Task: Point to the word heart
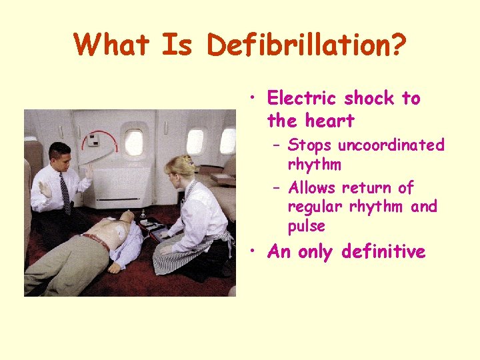point(329,121)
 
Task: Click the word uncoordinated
point(391,145)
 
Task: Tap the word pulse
point(307,227)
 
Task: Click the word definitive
point(383,252)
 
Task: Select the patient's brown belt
point(97,242)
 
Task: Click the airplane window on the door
point(133,141)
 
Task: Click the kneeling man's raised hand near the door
point(89,171)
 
